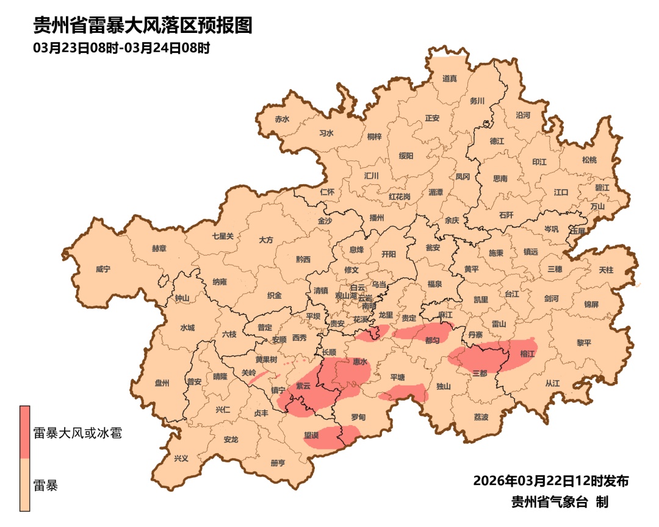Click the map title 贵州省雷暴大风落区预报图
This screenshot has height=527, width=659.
pos(142,26)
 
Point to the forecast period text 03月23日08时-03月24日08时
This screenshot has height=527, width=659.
pos(121,48)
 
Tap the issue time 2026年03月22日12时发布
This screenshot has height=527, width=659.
pos(550,481)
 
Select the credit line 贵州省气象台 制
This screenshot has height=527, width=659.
pos(560,502)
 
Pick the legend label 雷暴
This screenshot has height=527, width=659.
pos(46,486)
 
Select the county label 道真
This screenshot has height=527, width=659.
pos(450,78)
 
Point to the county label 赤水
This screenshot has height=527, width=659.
pos(282,119)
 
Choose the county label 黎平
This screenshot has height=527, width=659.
pos(584,343)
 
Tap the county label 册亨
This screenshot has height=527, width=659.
pos(278,463)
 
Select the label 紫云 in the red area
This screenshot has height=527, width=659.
pos(303,386)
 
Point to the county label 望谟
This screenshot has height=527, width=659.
pos(311,436)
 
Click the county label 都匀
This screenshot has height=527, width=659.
pos(432,340)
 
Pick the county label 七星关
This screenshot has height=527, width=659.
pos(223,236)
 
